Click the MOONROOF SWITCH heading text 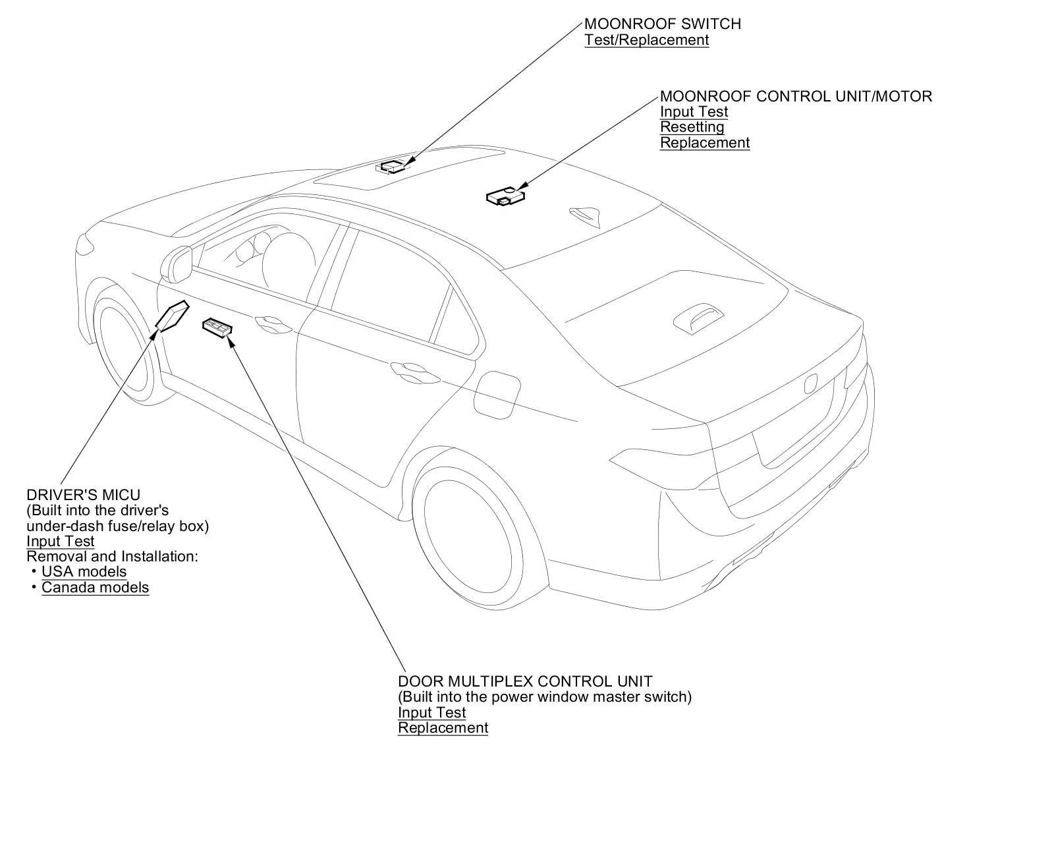pos(662,24)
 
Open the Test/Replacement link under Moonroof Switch pos(646,40)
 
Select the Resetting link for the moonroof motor pos(692,127)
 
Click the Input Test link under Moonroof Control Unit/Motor pos(694,112)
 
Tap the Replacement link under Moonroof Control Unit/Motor pos(704,143)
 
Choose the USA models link pos(84,572)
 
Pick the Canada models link pos(95,588)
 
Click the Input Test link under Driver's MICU pos(61,542)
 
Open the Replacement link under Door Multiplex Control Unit pos(443,728)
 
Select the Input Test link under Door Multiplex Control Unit pos(431,713)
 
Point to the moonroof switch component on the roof pos(393,166)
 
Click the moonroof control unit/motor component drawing pos(505,196)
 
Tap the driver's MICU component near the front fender pos(172,315)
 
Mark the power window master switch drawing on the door pos(217,327)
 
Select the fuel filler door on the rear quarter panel pos(498,395)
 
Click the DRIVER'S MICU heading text pos(83,495)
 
